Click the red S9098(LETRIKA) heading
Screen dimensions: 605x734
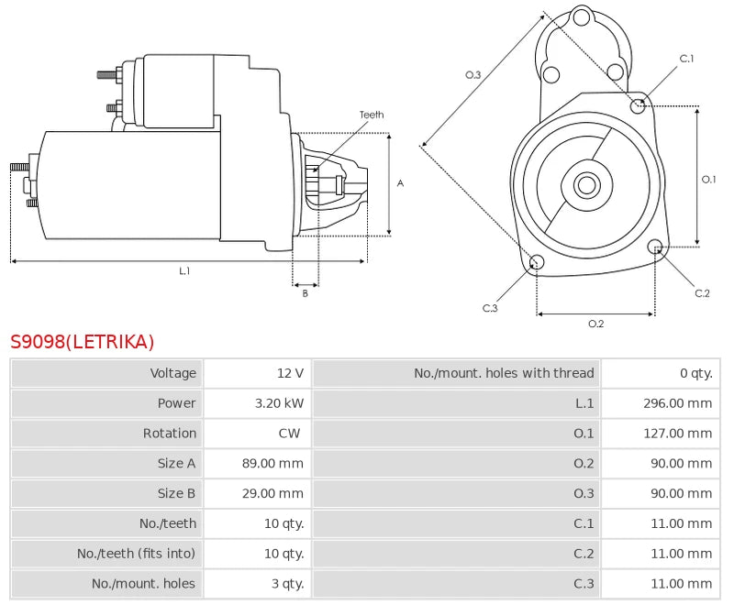[x=83, y=342]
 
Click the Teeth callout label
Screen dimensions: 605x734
[x=372, y=115]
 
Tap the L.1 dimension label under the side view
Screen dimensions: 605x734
[x=184, y=270]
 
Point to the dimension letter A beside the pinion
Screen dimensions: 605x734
[x=400, y=183]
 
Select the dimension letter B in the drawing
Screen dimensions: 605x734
[x=306, y=293]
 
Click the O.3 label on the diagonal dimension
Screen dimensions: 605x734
[x=473, y=75]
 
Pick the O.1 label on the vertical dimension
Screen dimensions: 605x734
[x=708, y=180]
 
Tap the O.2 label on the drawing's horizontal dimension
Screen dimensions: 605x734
[x=595, y=323]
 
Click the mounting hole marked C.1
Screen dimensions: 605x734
[x=639, y=105]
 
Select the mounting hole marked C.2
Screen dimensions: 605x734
[x=655, y=247]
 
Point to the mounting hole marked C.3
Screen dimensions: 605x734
[x=538, y=263]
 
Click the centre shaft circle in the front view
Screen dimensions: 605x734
[x=586, y=185]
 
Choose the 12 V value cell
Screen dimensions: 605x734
[x=290, y=373]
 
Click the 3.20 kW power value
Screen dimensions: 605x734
[x=279, y=403]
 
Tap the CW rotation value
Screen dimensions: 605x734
[x=288, y=434]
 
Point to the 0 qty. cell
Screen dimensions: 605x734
[x=695, y=373]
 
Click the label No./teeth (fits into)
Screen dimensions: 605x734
[x=137, y=554]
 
